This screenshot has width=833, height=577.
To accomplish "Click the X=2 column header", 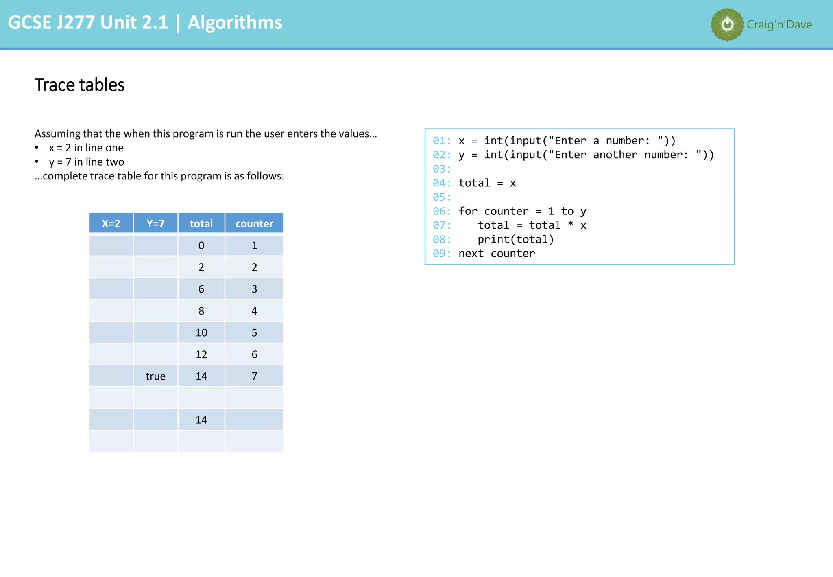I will click(x=111, y=223).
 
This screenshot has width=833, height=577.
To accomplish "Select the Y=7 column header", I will click(x=155, y=223).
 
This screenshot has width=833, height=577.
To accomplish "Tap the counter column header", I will click(x=254, y=223).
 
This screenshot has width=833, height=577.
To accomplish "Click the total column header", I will click(x=201, y=223).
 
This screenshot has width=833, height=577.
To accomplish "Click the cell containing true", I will click(x=155, y=376).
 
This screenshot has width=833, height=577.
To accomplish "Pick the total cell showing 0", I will click(x=201, y=245).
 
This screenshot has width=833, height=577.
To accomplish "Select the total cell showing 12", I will click(x=201, y=354).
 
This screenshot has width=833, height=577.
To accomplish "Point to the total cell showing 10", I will click(x=201, y=332).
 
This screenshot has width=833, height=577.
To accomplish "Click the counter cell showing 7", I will click(x=254, y=376).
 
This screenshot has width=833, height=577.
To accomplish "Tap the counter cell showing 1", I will click(x=254, y=245).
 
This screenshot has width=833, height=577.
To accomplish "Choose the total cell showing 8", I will click(x=201, y=311).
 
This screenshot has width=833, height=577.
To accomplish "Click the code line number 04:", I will click(x=442, y=183).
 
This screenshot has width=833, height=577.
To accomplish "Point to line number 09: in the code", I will click(x=442, y=254).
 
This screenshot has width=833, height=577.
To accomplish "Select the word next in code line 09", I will click(x=471, y=254).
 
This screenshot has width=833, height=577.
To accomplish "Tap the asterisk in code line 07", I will click(x=571, y=225).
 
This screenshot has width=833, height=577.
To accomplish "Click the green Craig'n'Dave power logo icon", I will click(x=727, y=24).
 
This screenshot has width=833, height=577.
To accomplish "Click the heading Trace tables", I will click(x=80, y=85).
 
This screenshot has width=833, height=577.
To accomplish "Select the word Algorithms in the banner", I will click(x=235, y=22).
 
